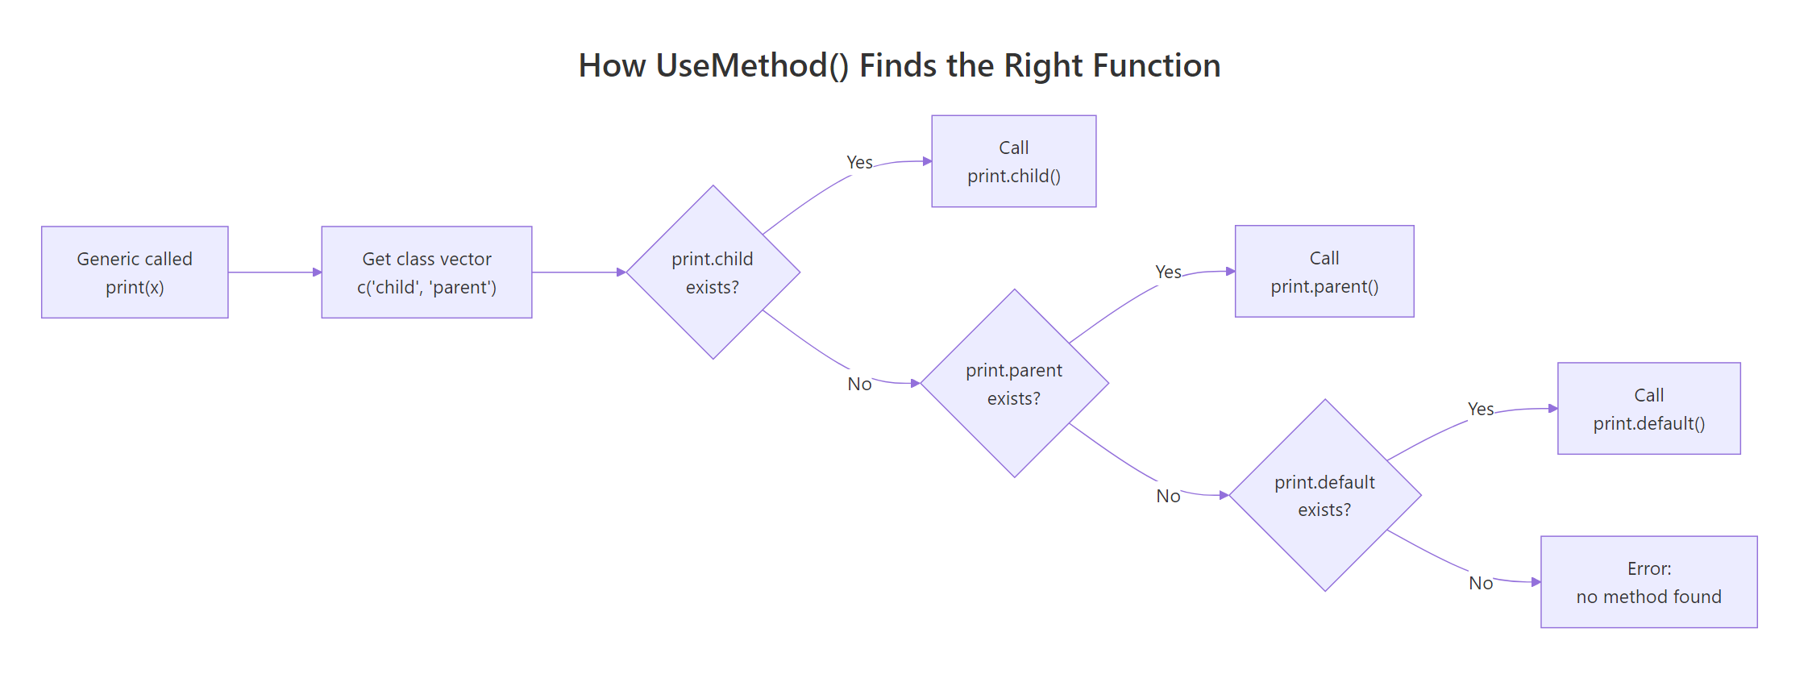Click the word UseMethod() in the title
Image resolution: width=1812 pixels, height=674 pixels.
(x=752, y=66)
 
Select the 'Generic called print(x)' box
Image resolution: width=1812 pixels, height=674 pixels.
(x=135, y=273)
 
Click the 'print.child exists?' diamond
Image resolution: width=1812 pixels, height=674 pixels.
(x=713, y=273)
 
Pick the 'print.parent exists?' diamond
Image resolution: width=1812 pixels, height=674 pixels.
(x=1014, y=384)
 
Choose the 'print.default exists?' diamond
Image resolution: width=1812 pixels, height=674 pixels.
(x=1324, y=495)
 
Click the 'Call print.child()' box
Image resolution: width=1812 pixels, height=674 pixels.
(x=1013, y=161)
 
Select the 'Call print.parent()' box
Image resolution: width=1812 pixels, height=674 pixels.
(x=1324, y=272)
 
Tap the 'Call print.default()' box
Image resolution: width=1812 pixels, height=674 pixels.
(x=1648, y=409)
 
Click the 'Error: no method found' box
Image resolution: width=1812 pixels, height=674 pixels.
(x=1648, y=582)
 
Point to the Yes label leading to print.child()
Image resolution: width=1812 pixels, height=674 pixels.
(x=859, y=163)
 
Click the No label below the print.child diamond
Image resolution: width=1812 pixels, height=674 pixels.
(x=859, y=384)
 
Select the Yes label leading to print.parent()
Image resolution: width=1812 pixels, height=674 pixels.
(x=1168, y=273)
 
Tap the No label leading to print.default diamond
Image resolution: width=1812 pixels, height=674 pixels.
(x=1168, y=496)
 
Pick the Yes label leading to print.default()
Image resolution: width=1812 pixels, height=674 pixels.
(x=1481, y=410)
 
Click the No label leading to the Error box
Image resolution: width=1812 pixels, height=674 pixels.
(x=1481, y=583)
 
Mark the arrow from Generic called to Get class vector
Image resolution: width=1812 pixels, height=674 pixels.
(x=274, y=273)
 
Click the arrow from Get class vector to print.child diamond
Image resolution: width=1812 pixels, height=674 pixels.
(x=579, y=273)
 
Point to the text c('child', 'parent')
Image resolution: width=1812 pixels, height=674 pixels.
(x=426, y=288)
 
